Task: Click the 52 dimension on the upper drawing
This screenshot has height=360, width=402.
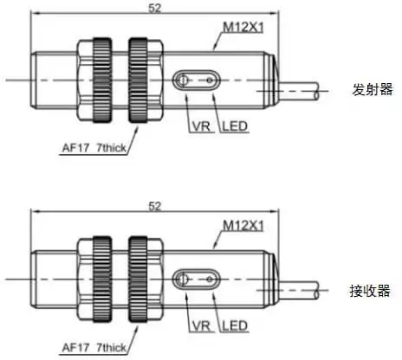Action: tap(154, 8)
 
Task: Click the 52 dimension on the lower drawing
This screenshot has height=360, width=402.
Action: tap(154, 207)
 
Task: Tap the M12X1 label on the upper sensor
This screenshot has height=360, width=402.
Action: tap(243, 28)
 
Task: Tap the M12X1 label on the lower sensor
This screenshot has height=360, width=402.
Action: tap(243, 226)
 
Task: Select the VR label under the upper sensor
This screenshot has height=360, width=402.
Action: tap(201, 126)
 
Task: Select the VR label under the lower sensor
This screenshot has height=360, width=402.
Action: tap(201, 326)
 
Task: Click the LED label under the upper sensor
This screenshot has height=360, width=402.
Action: tap(235, 126)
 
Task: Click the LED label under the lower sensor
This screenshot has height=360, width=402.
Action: tap(235, 326)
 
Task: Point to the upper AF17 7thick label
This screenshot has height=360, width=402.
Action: tap(94, 148)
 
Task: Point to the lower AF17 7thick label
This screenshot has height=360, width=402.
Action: tap(94, 347)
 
